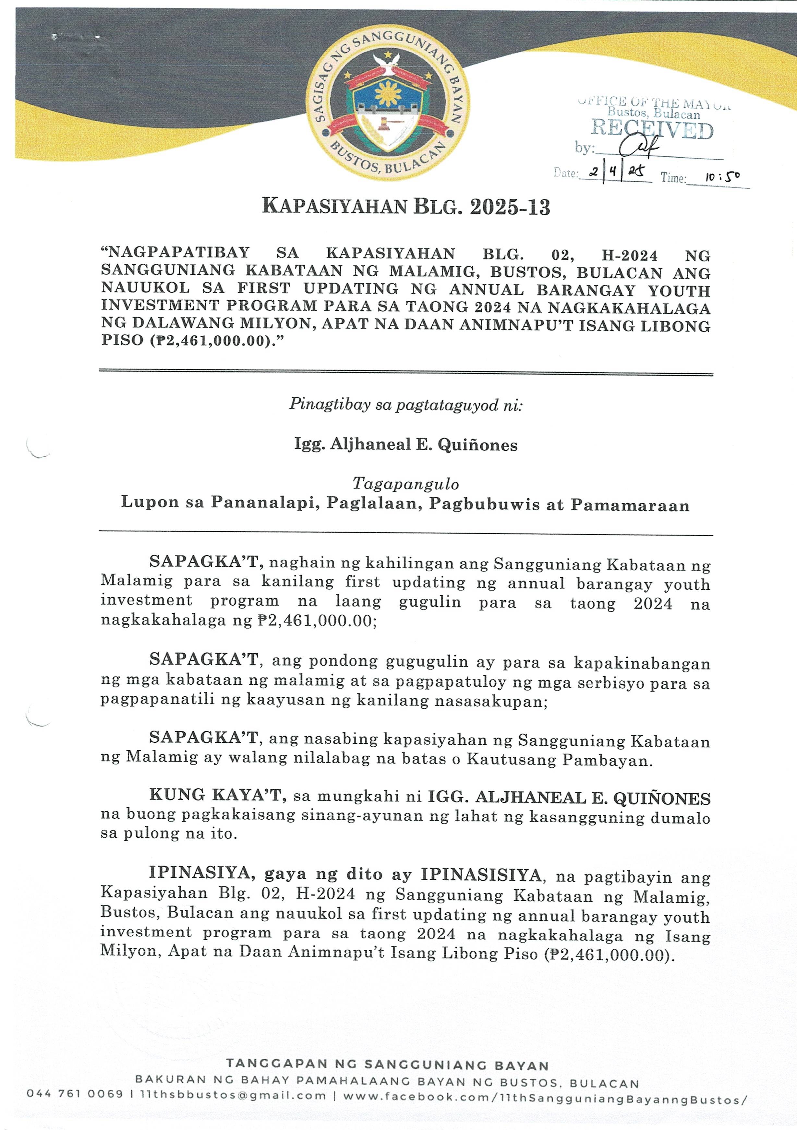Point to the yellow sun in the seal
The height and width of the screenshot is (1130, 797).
pyautogui.click(x=387, y=93)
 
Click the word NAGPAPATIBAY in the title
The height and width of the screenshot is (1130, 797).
pyautogui.click(x=178, y=254)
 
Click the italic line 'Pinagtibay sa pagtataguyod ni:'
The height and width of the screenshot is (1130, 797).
pyautogui.click(x=406, y=404)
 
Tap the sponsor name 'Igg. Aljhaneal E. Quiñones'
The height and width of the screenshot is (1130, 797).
pyautogui.click(x=406, y=445)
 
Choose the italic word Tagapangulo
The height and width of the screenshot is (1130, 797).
pyautogui.click(x=406, y=484)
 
